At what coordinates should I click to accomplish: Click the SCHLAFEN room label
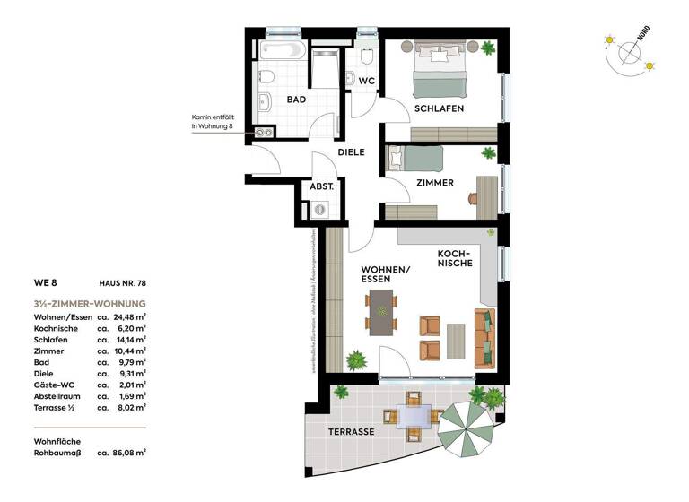pyautogui.click(x=439, y=108)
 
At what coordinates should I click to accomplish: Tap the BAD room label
pyautogui.click(x=297, y=100)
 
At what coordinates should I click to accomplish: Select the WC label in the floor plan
pyautogui.click(x=366, y=81)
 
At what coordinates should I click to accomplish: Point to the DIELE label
pyautogui.click(x=351, y=152)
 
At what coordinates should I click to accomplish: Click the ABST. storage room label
pyautogui.click(x=322, y=186)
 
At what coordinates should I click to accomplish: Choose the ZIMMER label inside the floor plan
pyautogui.click(x=434, y=182)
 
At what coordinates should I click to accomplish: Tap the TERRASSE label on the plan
pyautogui.click(x=351, y=431)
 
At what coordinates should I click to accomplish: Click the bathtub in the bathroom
pyautogui.click(x=285, y=49)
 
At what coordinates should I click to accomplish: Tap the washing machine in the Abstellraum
pyautogui.click(x=320, y=209)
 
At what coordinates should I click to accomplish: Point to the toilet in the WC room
pyautogui.click(x=366, y=57)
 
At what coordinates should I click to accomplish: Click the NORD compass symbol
pyautogui.click(x=630, y=53)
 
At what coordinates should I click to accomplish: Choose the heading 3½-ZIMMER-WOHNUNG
pyautogui.click(x=89, y=303)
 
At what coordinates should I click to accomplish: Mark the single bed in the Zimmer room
pyautogui.click(x=414, y=160)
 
